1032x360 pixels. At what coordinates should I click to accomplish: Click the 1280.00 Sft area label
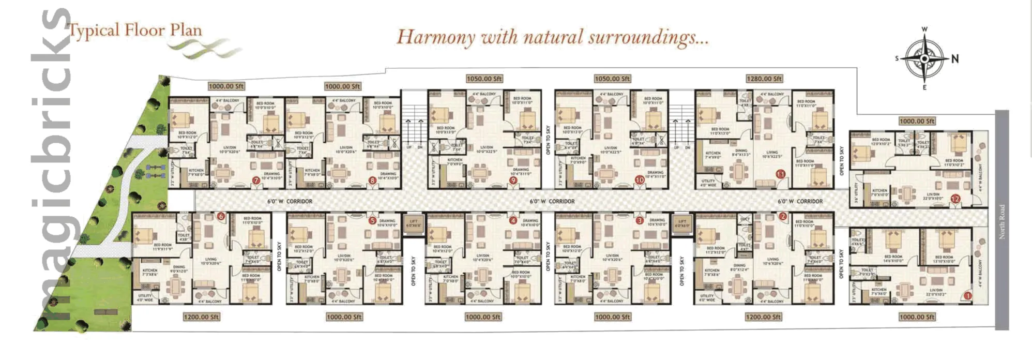click(764, 79)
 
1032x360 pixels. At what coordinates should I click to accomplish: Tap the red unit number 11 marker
click(781, 174)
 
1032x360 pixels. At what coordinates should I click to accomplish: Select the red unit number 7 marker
click(255, 181)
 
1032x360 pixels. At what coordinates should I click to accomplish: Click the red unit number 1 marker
click(967, 296)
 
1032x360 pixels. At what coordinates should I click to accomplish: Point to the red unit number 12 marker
click(955, 199)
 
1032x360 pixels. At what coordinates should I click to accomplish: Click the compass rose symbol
click(924, 59)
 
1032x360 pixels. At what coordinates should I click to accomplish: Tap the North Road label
click(1001, 221)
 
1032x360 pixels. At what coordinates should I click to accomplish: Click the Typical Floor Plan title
click(135, 31)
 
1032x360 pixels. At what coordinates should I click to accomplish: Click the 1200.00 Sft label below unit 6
click(201, 317)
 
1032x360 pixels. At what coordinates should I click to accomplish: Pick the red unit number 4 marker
click(513, 220)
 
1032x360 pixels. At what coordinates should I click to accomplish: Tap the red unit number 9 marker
click(513, 181)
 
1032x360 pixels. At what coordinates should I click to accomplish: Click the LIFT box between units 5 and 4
click(414, 224)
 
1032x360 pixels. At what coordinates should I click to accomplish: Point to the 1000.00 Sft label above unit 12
click(917, 121)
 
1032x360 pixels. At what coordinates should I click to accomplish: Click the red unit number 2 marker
click(783, 217)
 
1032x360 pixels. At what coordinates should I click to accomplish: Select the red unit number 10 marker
click(640, 180)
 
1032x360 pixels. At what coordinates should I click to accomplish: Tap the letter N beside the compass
click(954, 59)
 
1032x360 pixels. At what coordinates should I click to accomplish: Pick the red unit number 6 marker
click(221, 216)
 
